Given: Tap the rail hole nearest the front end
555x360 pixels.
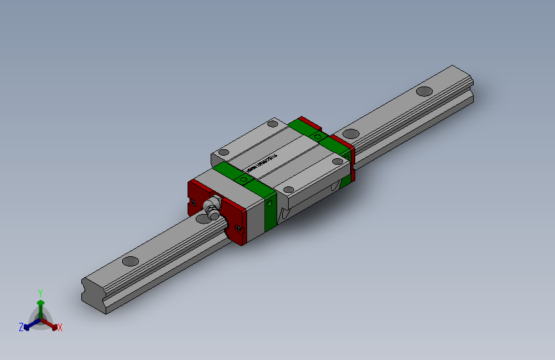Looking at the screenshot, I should tap(130, 261).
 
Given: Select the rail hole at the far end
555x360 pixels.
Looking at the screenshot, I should tap(424, 90).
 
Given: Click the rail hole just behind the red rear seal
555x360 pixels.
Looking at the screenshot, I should tap(350, 133).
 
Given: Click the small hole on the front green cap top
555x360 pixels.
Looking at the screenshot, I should tap(243, 179).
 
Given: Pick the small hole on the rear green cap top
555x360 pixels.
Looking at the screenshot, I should tap(318, 136).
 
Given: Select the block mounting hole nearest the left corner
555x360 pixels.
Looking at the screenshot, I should tap(223, 152).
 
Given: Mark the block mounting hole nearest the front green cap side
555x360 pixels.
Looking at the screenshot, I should tap(289, 190).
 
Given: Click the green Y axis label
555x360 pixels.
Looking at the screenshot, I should tap(40, 291).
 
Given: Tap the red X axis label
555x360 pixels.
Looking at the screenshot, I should tap(60, 327).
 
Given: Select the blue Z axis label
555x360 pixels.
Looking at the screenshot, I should tap(21, 327).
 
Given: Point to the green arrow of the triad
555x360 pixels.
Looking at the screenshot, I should tap(40, 302).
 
